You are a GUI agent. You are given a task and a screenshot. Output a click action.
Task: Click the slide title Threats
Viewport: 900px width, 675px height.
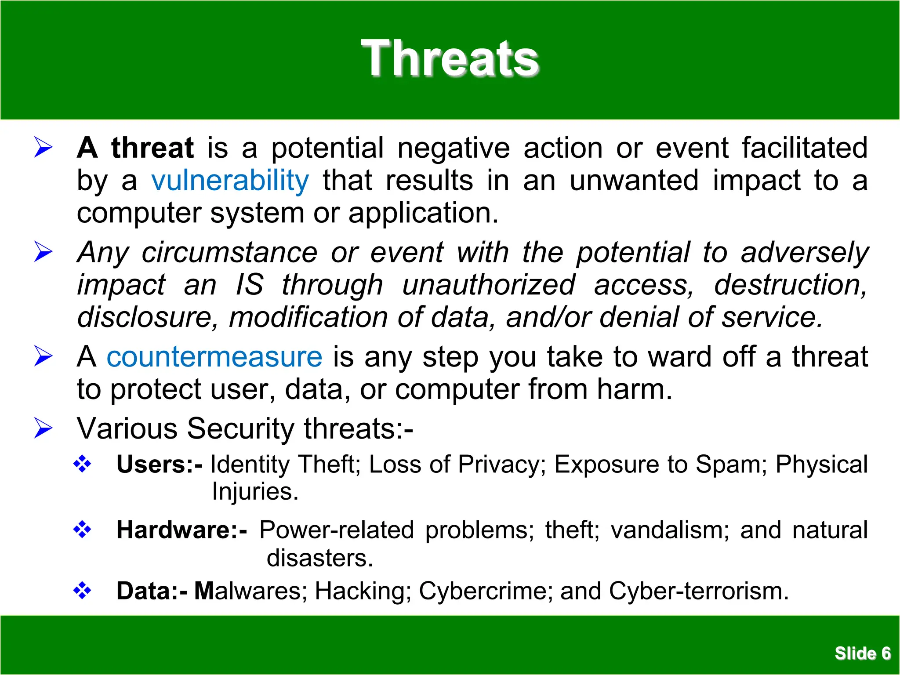point(450,58)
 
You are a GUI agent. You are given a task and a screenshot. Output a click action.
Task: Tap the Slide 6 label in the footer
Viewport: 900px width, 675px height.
point(863,653)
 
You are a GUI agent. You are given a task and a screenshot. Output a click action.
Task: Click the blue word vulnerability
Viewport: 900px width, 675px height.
point(230,181)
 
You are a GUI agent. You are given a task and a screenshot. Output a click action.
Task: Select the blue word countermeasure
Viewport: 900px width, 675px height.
point(214,356)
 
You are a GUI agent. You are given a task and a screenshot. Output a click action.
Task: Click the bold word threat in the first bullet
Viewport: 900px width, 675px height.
point(152,148)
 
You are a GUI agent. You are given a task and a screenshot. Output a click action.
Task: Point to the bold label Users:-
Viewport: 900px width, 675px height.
point(160,464)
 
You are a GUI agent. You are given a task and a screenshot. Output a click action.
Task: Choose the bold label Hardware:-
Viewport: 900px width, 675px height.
point(181,530)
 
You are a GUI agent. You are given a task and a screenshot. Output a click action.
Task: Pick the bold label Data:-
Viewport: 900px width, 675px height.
point(152,591)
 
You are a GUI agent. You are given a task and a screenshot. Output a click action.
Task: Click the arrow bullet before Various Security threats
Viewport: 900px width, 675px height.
point(44,428)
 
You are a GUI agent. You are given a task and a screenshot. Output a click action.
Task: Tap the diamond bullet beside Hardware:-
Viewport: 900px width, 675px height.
point(82,530)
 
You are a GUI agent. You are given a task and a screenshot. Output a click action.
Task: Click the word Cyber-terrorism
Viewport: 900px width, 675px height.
point(699,591)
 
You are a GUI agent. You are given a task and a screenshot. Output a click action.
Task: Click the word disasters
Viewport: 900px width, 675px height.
point(319,558)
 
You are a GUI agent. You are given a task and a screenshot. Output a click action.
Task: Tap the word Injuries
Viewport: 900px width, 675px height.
point(255,491)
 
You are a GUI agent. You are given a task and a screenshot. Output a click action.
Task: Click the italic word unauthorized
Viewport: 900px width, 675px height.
point(488,285)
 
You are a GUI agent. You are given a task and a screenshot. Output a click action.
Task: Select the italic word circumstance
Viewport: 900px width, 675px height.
point(229,252)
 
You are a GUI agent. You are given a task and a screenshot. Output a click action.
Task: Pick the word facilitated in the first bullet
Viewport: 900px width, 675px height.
point(805,148)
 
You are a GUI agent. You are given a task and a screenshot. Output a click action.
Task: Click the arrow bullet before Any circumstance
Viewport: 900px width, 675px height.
point(44,252)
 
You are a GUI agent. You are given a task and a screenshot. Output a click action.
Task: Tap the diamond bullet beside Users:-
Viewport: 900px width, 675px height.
point(82,464)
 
